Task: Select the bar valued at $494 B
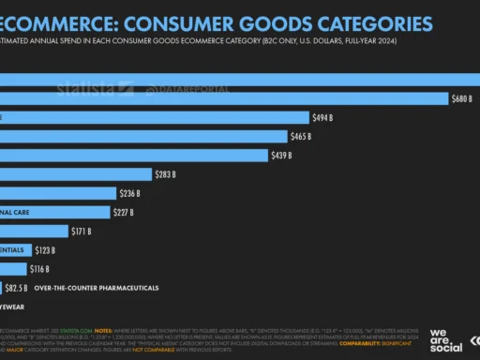pyautogui.click(x=155, y=117)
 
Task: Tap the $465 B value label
pyautogui.click(x=302, y=136)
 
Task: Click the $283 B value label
pyautogui.click(x=166, y=174)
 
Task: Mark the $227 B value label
pyautogui.click(x=125, y=213)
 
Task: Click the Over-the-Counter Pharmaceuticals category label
pyautogui.click(x=96, y=288)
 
